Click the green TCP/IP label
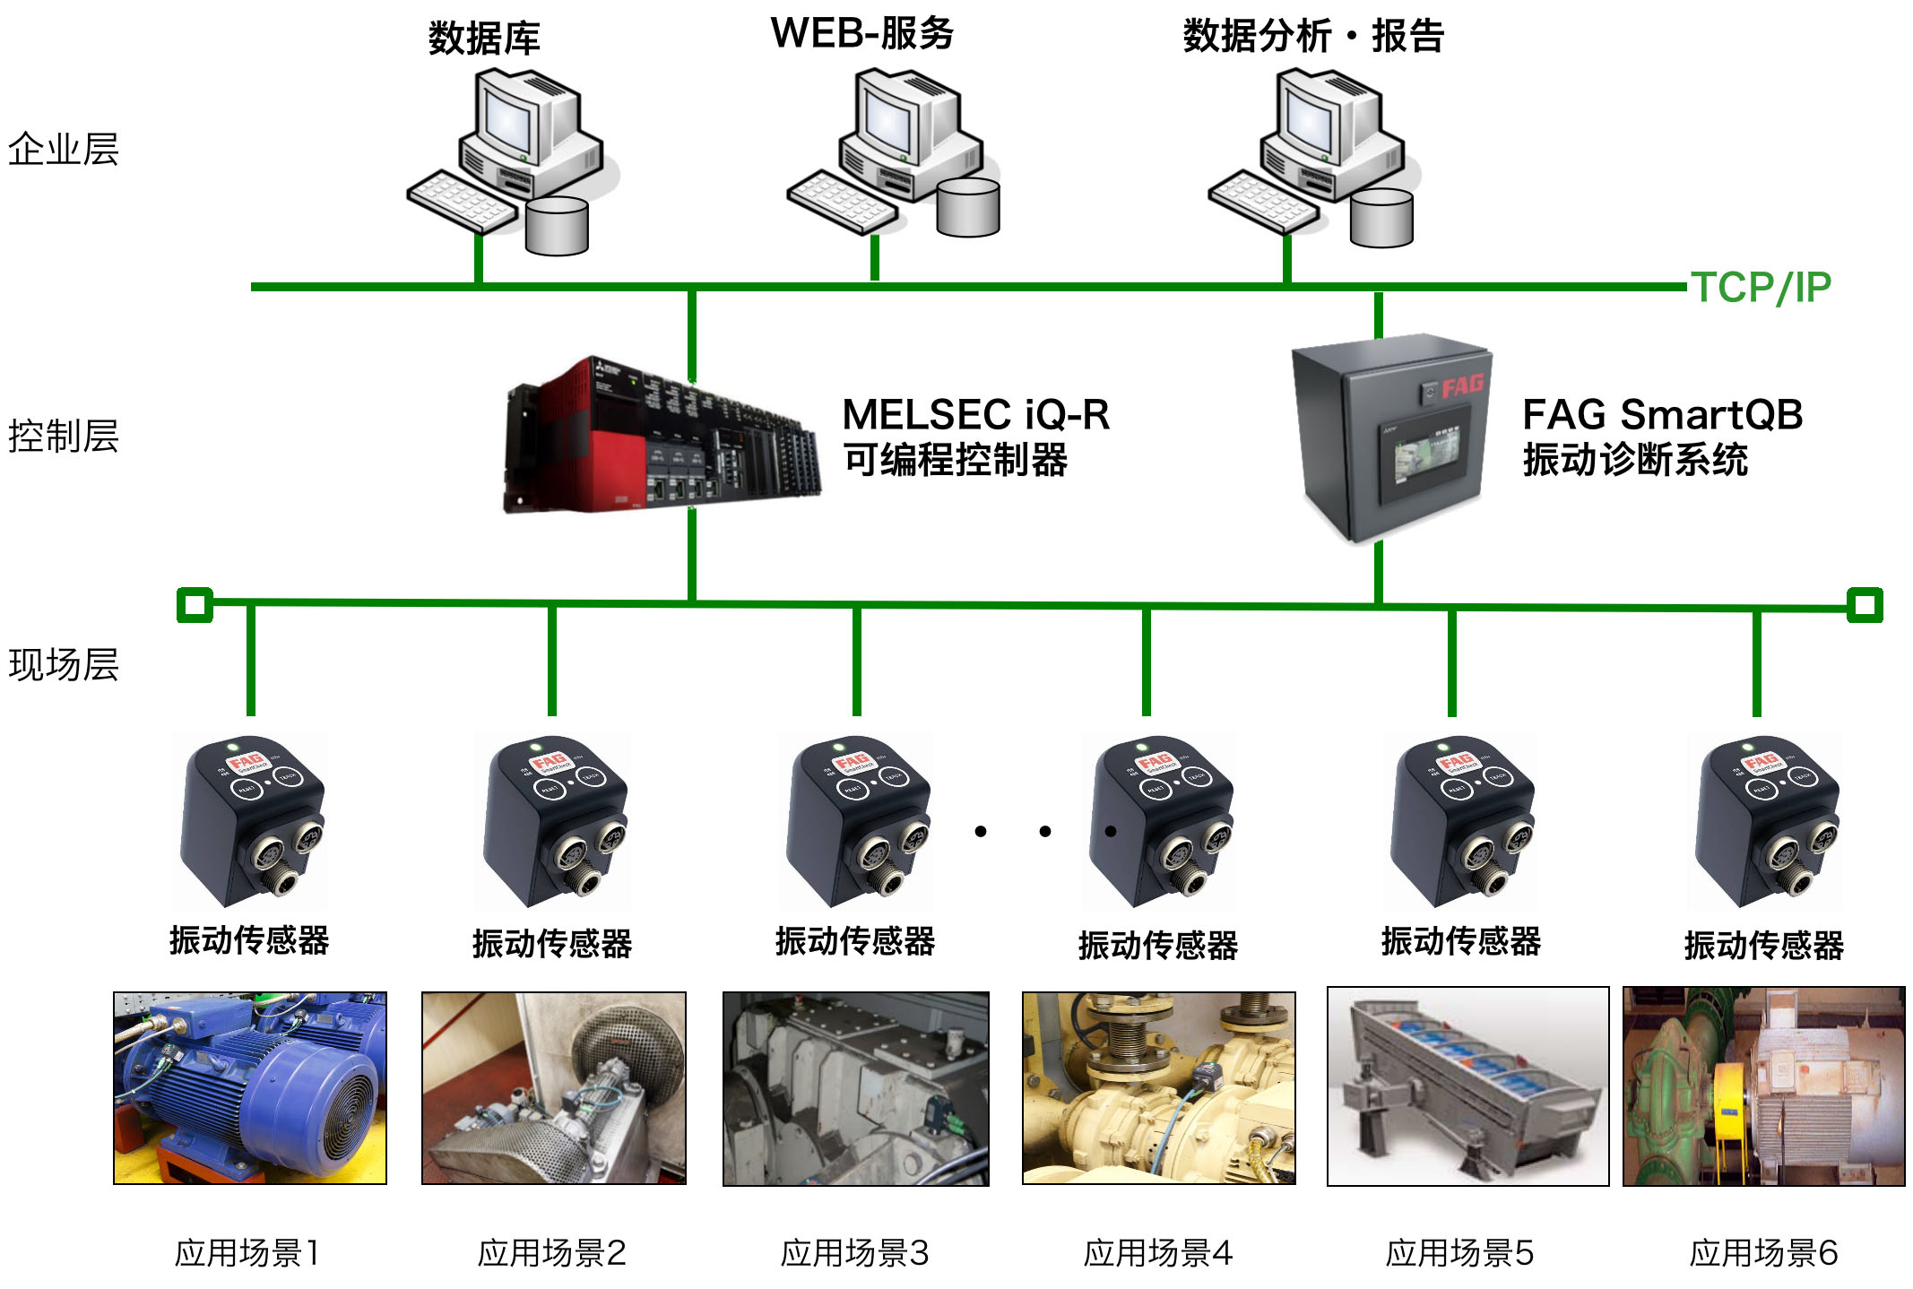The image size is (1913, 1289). click(1760, 288)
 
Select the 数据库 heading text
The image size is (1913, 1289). click(484, 39)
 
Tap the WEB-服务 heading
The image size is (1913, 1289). click(861, 34)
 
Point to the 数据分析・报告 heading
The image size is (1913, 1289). click(1312, 37)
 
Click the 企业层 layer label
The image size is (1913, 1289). click(63, 150)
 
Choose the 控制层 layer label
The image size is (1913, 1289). click(63, 437)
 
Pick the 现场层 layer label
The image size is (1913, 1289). click(63, 665)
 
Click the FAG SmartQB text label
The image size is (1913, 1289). click(1662, 415)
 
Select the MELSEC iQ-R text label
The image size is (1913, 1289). click(975, 415)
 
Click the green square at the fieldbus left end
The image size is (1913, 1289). click(195, 605)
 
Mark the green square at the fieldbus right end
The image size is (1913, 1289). click(1865, 605)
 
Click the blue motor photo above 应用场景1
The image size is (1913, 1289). click(250, 1087)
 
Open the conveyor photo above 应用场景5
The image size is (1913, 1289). click(1467, 1086)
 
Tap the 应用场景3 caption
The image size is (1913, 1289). click(854, 1253)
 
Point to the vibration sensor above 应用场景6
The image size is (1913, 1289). click(1765, 820)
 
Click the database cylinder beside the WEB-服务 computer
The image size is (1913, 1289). click(968, 207)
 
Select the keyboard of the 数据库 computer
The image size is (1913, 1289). click(462, 203)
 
